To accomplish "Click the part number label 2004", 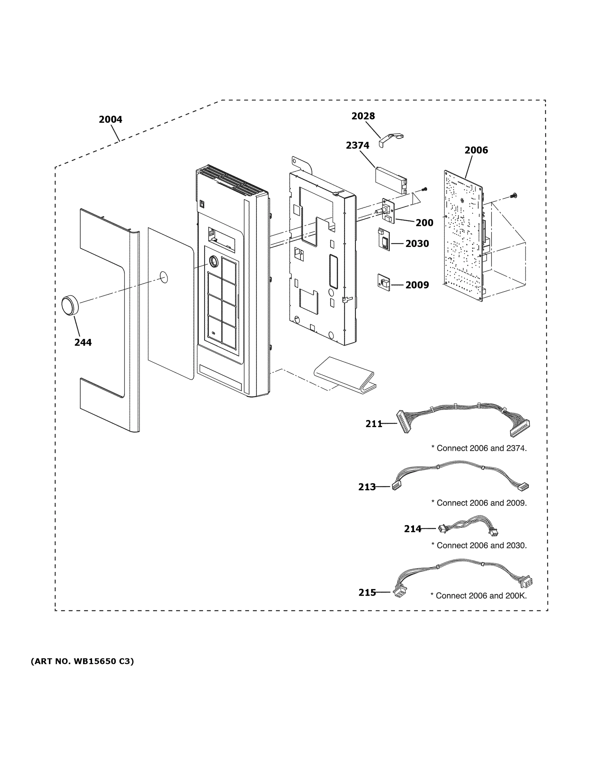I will point(110,120).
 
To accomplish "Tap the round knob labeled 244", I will point(70,305).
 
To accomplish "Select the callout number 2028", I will point(363,116).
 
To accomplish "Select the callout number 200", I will point(425,223).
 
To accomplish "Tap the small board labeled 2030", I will point(384,239).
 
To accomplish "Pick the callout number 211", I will point(374,424).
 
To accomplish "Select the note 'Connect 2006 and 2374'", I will point(479,448).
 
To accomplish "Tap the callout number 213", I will point(367,487).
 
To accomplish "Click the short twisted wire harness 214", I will point(467,526).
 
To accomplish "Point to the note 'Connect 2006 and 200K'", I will point(479,596).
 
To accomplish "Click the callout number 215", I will point(367,593).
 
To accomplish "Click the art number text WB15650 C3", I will point(82,662).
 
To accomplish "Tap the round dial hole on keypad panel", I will point(213,261).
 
